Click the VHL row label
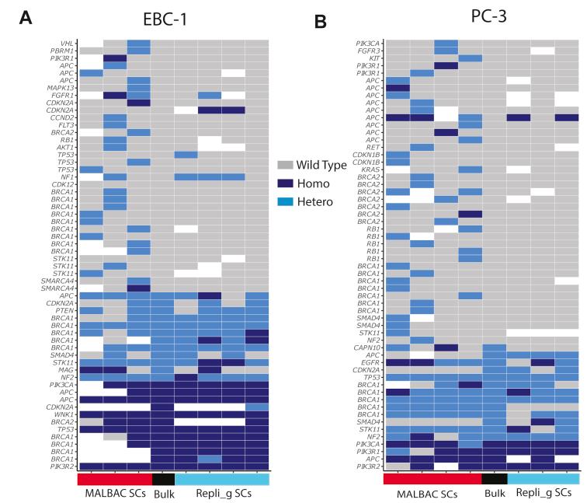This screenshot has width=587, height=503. pos(67,43)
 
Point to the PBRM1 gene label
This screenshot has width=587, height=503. pos(62,51)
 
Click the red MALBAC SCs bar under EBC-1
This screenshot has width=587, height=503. pos(114,479)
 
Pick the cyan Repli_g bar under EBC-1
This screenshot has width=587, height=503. pos(221,479)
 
